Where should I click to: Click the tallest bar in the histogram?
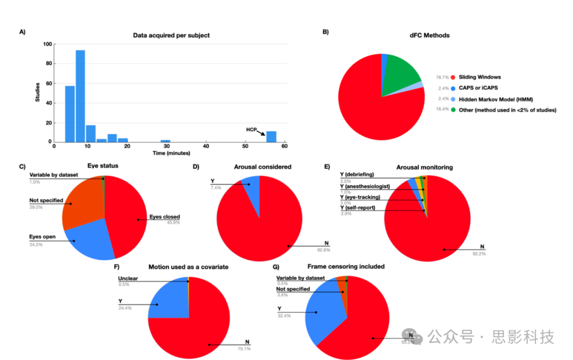[x=80, y=96]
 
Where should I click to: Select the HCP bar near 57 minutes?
[x=271, y=136]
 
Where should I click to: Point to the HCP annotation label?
[x=251, y=129]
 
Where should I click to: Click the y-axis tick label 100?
[x=47, y=44]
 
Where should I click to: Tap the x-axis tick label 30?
[x=167, y=146]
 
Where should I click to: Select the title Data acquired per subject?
[x=171, y=35]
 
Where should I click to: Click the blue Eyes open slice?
[x=90, y=244]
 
